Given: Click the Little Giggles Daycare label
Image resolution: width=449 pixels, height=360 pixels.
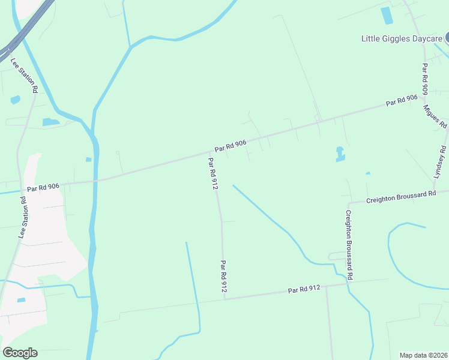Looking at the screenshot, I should click(401, 38).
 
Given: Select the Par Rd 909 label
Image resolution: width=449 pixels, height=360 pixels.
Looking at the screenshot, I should click(424, 79).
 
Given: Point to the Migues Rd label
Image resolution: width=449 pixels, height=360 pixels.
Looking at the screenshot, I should click(435, 116).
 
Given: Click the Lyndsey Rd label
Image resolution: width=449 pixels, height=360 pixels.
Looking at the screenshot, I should click(440, 161).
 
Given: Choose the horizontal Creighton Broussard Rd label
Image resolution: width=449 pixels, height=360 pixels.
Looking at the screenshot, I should click(400, 197).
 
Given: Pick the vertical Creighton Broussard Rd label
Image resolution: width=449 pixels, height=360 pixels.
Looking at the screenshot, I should click(349, 245).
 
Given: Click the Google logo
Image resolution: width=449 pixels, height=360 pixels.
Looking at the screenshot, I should click(20, 353).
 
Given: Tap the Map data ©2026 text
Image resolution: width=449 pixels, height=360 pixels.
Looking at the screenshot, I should click(424, 355).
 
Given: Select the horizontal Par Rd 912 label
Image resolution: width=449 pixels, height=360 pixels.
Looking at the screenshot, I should click(304, 289).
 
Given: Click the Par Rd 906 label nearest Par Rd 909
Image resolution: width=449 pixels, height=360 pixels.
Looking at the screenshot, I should click(402, 100).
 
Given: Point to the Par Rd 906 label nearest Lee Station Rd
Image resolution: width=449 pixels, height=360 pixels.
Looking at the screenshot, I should click(43, 187).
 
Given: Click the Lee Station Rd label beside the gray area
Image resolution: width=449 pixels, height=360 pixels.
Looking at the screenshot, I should click(24, 217).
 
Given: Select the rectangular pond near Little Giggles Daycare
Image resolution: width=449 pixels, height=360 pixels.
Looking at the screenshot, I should click(387, 16).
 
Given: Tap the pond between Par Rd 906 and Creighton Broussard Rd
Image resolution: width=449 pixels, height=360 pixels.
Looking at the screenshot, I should click(340, 155).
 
